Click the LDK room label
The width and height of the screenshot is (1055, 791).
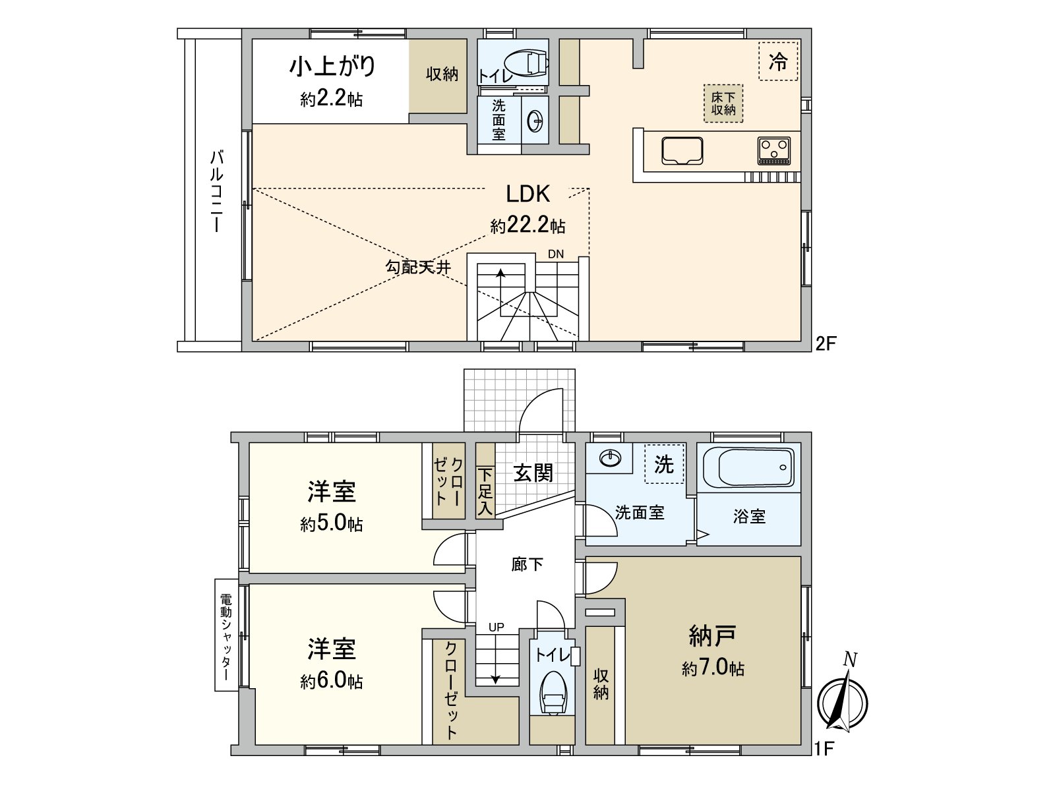(x=527, y=194)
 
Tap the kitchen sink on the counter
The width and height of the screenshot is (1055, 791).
(x=682, y=150)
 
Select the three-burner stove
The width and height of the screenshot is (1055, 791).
(x=774, y=150)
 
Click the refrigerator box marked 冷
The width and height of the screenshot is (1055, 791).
(x=778, y=61)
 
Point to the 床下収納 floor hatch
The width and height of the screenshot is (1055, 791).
(x=723, y=103)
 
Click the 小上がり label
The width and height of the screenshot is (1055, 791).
(x=332, y=66)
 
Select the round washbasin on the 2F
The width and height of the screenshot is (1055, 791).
(x=535, y=121)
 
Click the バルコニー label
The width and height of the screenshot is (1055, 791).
(x=216, y=191)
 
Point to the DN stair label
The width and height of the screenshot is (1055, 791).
(x=556, y=254)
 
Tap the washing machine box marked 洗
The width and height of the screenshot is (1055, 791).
(x=664, y=464)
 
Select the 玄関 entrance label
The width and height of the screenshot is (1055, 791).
(x=533, y=473)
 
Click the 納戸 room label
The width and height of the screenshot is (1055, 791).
(x=712, y=635)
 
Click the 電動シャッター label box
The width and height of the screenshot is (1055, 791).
(x=227, y=635)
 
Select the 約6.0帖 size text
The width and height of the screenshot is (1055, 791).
(x=332, y=680)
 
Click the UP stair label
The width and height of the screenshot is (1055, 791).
(x=496, y=627)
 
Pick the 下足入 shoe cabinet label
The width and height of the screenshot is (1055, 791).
(x=485, y=492)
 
